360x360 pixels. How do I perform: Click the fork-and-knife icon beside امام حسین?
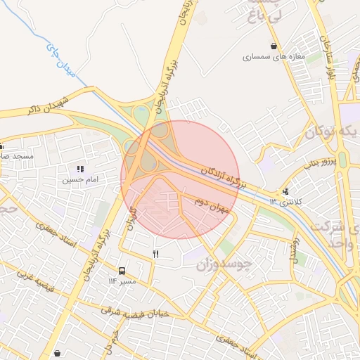pos(80,169)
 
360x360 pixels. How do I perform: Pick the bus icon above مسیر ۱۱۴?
pos(122,271)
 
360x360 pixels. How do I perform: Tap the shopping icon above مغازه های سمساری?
pos(273,46)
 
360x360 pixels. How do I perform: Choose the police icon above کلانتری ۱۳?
pos(285,191)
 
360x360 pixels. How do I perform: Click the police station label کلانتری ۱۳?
pos(285,202)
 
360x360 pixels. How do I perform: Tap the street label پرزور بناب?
pos(321,163)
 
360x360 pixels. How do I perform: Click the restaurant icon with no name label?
pos(155,254)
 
